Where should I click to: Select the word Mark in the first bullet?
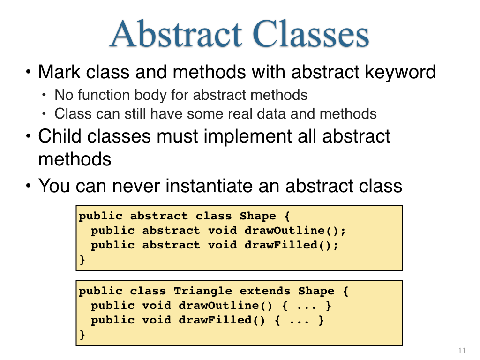(x=60, y=72)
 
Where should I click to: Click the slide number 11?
(x=462, y=351)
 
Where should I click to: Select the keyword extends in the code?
(x=265, y=291)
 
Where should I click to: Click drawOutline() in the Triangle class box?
(x=225, y=305)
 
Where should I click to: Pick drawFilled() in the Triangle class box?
(x=222, y=320)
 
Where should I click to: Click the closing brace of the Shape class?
(x=82, y=260)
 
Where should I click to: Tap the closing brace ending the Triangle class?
(x=82, y=335)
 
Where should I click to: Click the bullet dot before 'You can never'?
(x=29, y=186)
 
